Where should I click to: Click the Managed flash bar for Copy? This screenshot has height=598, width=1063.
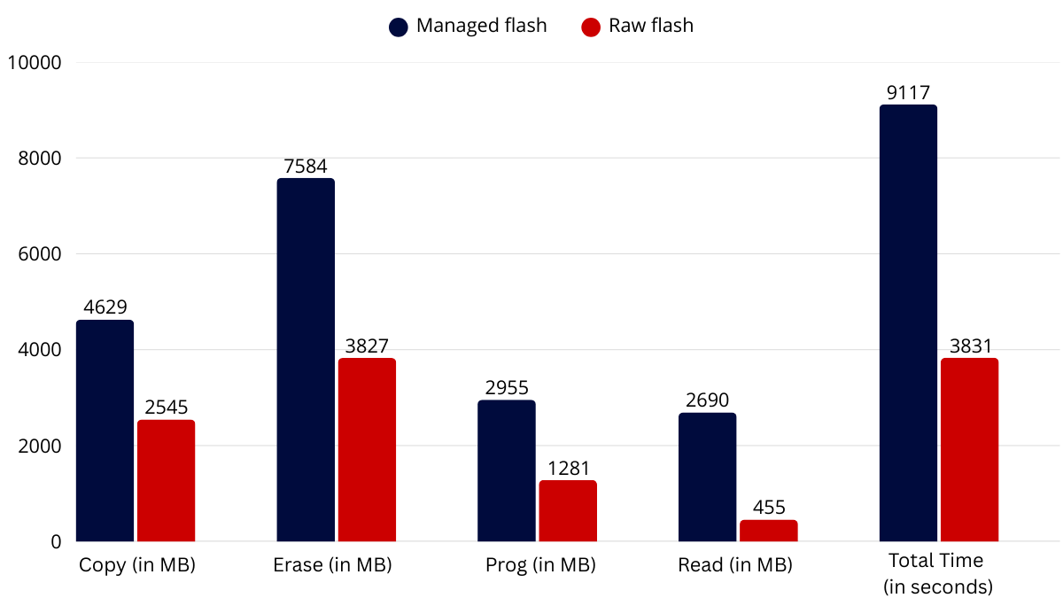coord(105,431)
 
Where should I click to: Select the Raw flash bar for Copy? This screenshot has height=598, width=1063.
coord(167,481)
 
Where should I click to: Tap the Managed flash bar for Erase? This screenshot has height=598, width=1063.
coord(306,360)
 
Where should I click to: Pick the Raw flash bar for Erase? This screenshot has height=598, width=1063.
coord(367,450)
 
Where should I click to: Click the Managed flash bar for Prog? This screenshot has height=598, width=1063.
coord(507,470)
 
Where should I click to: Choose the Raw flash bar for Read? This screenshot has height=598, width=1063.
coord(769,531)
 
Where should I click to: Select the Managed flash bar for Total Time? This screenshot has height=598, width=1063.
coord(908,323)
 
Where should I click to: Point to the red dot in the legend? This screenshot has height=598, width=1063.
coord(591,27)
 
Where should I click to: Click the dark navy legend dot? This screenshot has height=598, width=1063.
coord(398,27)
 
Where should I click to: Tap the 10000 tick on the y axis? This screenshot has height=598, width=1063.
coord(35,63)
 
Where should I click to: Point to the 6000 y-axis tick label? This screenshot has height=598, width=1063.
coord(40,254)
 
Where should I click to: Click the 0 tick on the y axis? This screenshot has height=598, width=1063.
coord(56,542)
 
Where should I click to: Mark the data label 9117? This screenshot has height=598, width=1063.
coord(908,92)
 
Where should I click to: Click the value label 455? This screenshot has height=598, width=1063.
coord(769,508)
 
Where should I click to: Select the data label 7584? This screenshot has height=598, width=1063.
coord(305,167)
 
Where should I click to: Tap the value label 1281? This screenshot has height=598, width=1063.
coord(568,469)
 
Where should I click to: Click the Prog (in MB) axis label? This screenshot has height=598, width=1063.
coord(540,565)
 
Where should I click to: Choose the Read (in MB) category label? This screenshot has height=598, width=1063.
coord(735,565)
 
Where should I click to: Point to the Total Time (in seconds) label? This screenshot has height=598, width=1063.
coord(937,574)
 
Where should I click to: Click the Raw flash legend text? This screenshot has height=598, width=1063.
coord(651,26)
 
